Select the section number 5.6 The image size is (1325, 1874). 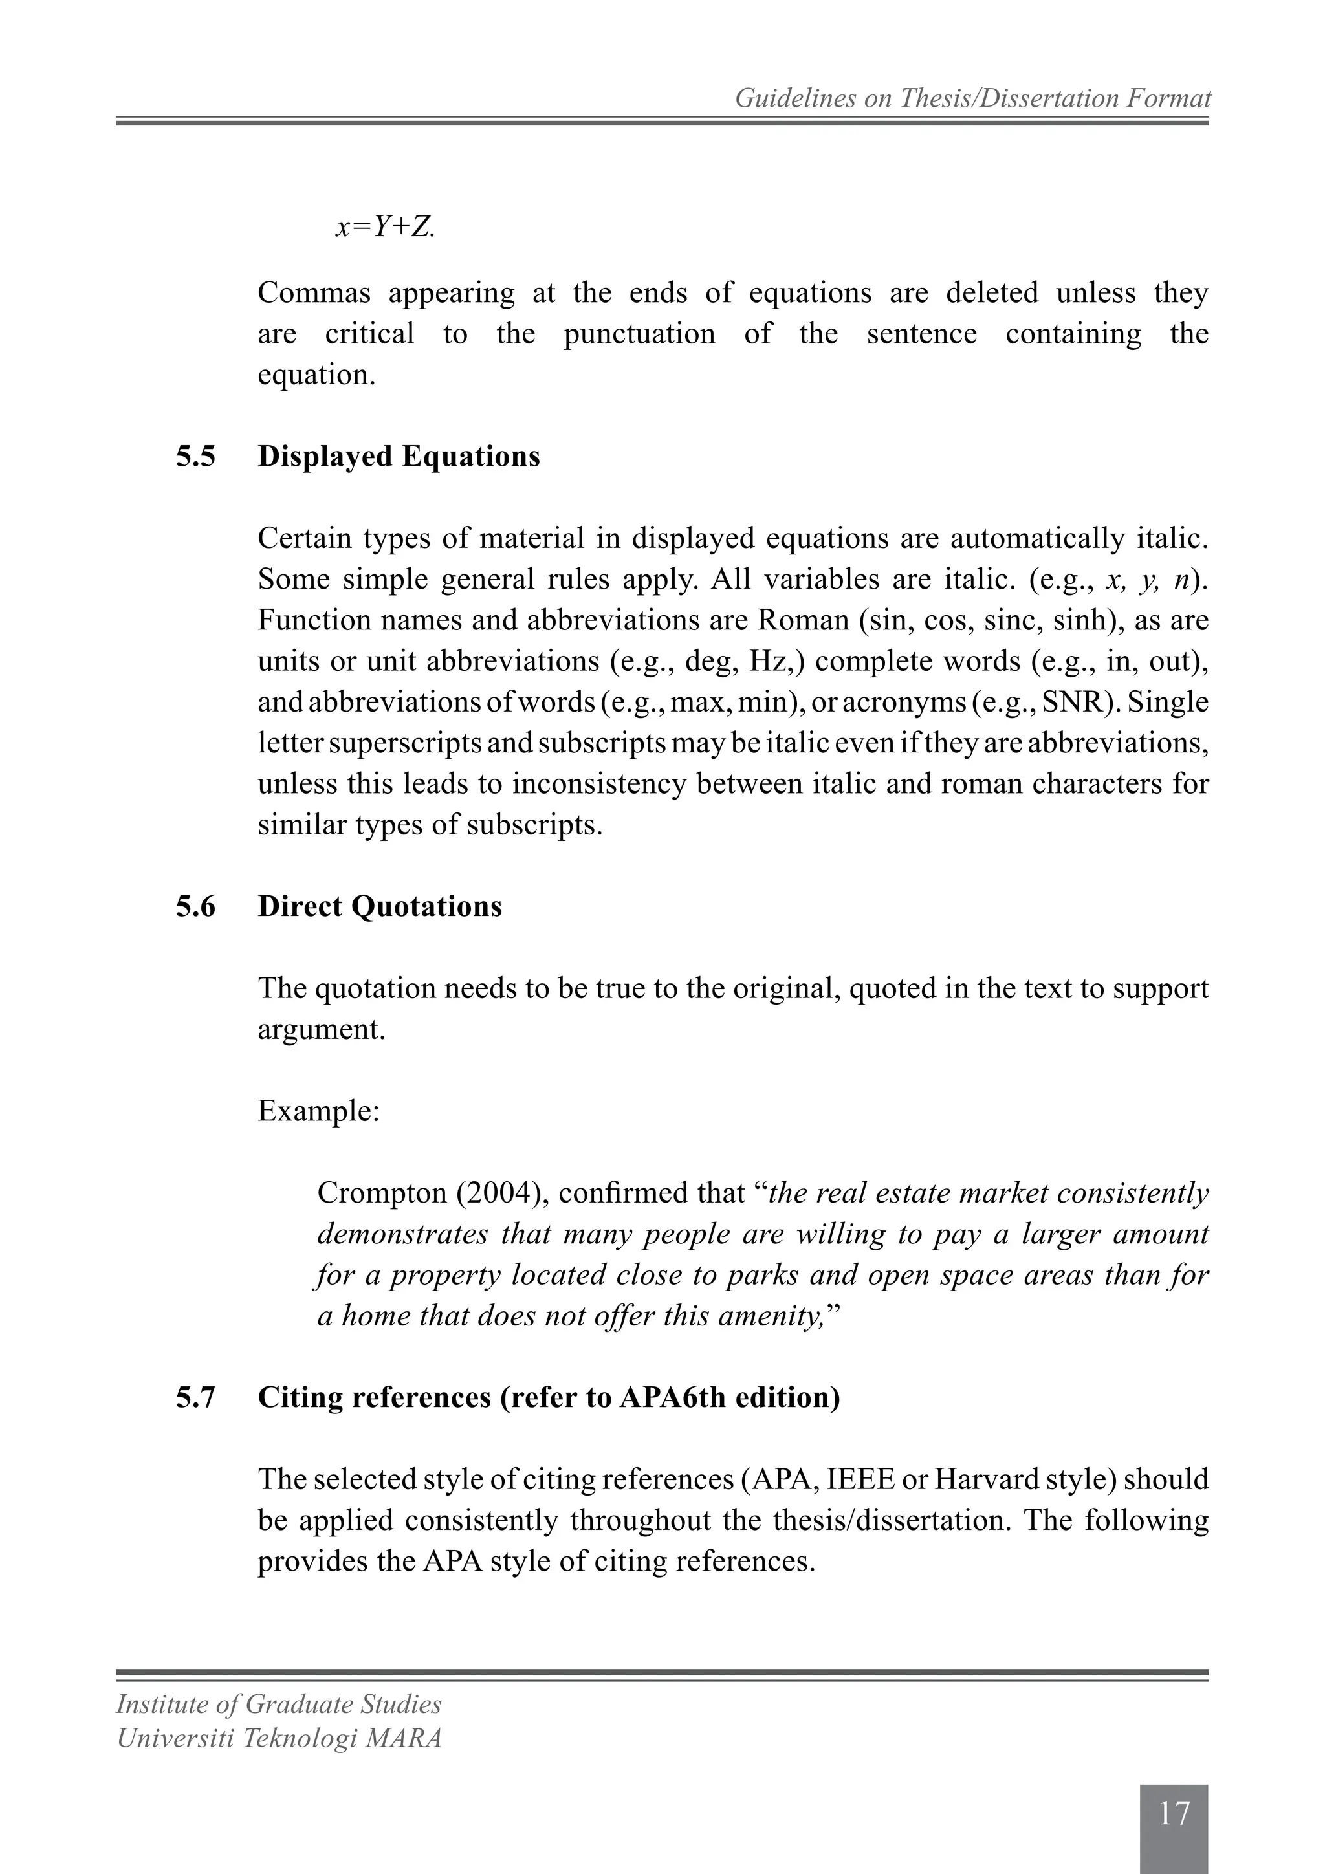pyautogui.click(x=196, y=907)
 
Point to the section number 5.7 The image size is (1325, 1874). pyautogui.click(x=196, y=1397)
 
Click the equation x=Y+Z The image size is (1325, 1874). pyautogui.click(x=386, y=228)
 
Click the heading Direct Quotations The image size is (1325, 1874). pyautogui.click(x=380, y=907)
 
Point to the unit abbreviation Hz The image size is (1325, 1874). pyautogui.click(x=766, y=661)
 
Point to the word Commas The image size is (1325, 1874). pyautogui.click(x=314, y=293)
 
